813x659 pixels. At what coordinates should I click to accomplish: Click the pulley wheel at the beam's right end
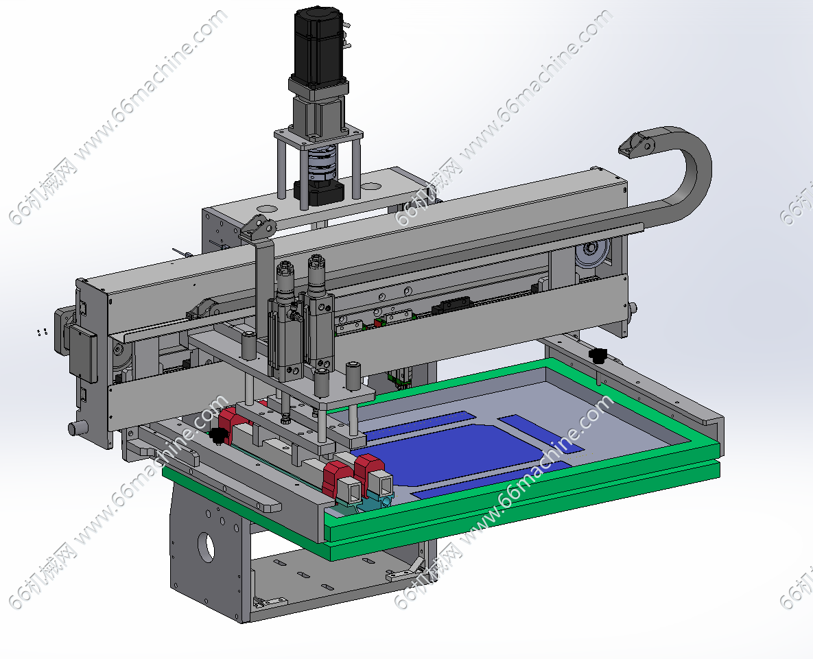click(591, 256)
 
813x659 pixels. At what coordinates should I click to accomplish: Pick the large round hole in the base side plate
click(207, 547)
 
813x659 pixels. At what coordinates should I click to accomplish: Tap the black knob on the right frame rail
click(598, 355)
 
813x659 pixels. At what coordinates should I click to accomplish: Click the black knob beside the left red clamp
click(219, 435)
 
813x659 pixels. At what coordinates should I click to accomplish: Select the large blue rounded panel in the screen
click(456, 453)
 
